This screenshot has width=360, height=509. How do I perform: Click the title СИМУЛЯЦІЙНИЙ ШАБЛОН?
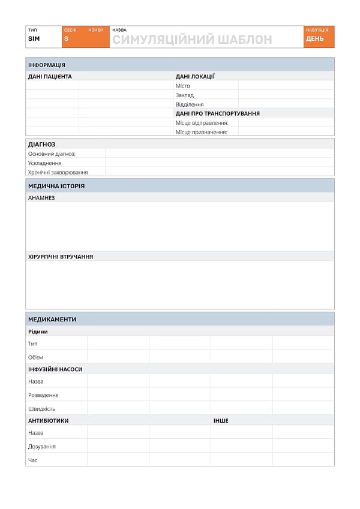(192, 40)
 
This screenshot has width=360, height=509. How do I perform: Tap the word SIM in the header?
(34, 39)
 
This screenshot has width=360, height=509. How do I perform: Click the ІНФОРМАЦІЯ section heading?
(47, 65)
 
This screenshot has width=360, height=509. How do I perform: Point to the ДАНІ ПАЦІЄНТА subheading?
(50, 77)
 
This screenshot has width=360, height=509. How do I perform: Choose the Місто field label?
(182, 86)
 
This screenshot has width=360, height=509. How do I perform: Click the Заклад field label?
(184, 95)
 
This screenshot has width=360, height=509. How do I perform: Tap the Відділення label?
(189, 104)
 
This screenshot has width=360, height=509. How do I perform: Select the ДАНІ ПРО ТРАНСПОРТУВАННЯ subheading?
(217, 113)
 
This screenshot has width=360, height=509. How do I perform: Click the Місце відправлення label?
(202, 123)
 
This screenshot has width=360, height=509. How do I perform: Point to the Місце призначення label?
(201, 132)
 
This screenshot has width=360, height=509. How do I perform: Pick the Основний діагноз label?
(52, 154)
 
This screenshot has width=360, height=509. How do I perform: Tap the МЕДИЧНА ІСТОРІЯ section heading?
(56, 186)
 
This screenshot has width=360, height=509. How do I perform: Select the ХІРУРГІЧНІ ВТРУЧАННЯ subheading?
(61, 257)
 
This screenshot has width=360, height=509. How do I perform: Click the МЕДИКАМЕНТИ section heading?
(52, 320)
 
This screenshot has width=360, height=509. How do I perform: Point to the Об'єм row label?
(35, 357)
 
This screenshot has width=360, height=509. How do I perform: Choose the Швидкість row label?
(41, 409)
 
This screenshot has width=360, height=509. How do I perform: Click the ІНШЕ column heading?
(221, 421)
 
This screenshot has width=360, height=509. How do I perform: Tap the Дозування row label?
(42, 447)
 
